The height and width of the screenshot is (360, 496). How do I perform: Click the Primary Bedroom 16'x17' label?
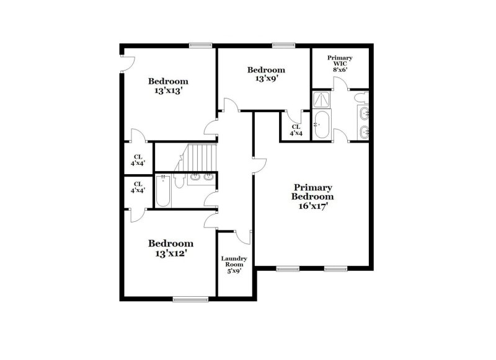(312, 197)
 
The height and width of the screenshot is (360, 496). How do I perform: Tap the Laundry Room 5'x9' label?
(234, 265)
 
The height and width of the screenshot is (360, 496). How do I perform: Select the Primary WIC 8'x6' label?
(340, 64)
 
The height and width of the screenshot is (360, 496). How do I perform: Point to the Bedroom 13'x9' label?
(266, 74)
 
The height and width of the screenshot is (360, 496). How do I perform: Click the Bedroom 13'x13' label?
(168, 86)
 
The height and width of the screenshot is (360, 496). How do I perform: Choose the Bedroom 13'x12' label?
(171, 248)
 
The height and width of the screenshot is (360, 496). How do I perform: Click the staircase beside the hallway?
(195, 158)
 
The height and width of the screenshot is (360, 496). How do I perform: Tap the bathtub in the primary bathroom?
(322, 124)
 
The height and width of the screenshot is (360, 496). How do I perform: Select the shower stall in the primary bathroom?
(321, 100)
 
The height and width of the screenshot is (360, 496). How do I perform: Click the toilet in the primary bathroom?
(361, 98)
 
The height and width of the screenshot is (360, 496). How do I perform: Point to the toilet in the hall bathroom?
(179, 182)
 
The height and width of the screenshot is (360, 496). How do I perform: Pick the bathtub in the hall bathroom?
(163, 191)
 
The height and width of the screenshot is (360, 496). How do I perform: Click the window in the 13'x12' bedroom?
(190, 299)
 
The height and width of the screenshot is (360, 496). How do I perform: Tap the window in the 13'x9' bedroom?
(284, 45)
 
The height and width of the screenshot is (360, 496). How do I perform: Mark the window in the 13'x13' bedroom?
(201, 45)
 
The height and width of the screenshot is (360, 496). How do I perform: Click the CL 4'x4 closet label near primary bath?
(296, 130)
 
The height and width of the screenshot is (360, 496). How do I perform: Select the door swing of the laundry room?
(242, 237)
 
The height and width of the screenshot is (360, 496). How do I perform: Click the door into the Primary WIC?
(340, 83)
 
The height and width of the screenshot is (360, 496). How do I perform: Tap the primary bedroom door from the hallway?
(260, 165)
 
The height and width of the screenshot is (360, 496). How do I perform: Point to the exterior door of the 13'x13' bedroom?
(128, 64)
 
